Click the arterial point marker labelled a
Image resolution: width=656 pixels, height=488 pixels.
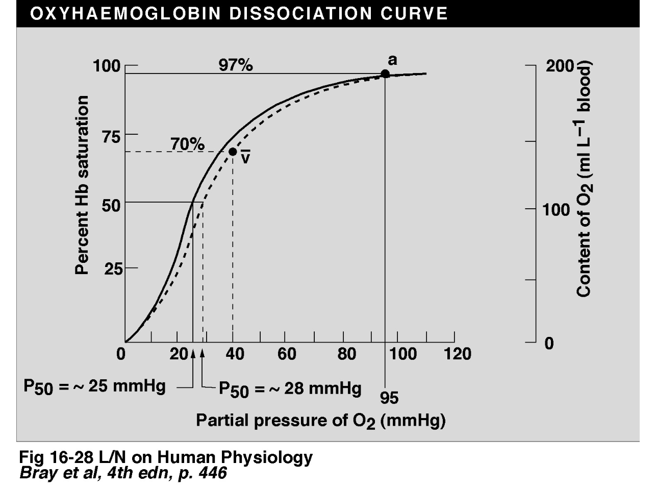385,74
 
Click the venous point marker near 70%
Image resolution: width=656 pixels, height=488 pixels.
233,152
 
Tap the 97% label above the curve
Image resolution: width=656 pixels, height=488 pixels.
235,65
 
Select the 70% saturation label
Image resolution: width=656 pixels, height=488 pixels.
187,144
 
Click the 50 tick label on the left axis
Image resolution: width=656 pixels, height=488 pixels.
113,205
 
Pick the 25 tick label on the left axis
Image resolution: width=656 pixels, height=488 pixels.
113,269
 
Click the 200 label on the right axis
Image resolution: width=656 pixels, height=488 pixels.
560,66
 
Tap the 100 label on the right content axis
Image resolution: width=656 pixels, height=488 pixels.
556,210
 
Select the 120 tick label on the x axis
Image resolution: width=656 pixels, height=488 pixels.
458,354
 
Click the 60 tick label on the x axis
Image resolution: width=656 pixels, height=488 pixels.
287,354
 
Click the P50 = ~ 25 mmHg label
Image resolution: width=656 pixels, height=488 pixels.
95,386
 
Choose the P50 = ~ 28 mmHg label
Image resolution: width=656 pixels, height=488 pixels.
290,389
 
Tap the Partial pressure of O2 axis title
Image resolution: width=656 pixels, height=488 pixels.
321,421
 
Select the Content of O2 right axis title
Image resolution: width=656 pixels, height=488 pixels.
585,180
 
